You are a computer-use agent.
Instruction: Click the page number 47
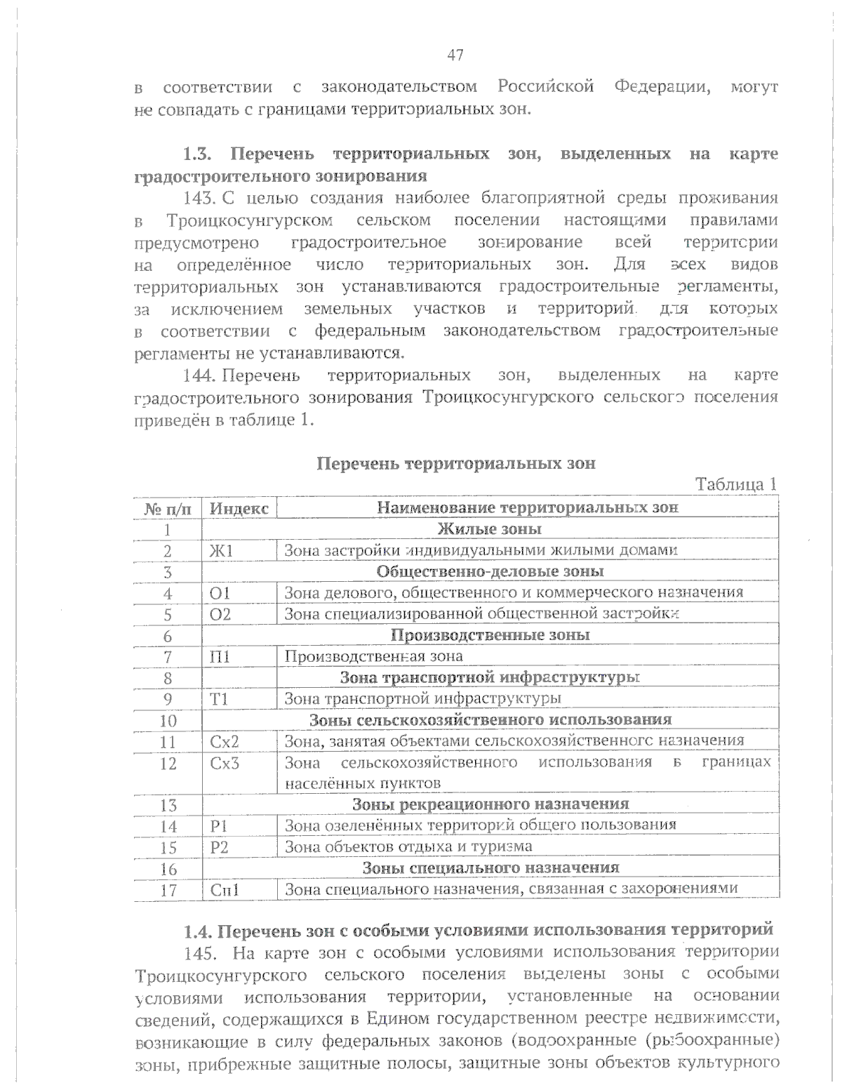(455, 55)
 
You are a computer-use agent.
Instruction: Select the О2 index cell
(220, 614)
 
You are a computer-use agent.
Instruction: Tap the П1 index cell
(220, 657)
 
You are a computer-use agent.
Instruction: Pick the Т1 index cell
(219, 699)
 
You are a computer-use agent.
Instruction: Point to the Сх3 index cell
(225, 762)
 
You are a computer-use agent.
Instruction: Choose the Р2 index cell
(219, 847)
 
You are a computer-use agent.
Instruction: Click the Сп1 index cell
(225, 890)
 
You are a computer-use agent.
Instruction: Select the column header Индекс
(239, 508)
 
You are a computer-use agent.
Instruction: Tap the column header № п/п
(168, 508)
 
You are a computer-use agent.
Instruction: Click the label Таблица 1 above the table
(735, 484)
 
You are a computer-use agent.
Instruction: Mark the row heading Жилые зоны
(489, 529)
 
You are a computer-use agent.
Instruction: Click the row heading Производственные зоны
(489, 635)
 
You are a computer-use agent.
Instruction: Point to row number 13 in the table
(168, 805)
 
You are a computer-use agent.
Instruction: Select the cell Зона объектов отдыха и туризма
(408, 847)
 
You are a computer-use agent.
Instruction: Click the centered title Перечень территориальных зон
(456, 463)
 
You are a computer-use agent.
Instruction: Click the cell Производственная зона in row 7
(373, 657)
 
